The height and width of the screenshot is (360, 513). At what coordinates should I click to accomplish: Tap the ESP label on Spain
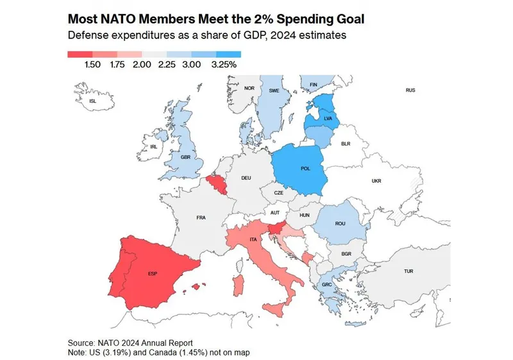153,274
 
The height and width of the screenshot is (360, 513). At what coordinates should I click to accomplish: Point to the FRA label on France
201,218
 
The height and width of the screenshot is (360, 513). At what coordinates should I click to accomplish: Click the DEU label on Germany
246,178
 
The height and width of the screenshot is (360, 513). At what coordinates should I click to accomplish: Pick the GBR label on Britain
186,157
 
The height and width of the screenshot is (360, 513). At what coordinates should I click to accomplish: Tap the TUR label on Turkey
408,271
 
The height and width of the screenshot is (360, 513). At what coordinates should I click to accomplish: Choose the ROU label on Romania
341,223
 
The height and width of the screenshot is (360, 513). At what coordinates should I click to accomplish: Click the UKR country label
376,181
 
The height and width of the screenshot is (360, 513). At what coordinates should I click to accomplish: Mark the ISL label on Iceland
92,101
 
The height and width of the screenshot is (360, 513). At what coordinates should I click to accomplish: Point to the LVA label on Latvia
328,119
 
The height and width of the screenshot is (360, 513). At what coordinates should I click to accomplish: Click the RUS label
410,90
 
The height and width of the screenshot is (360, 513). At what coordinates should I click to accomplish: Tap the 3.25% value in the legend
224,65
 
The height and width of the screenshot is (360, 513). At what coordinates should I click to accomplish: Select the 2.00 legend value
142,65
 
